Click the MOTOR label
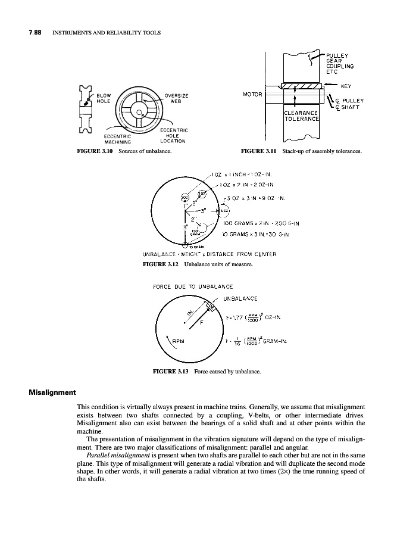253,94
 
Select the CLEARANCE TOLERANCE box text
302,116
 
